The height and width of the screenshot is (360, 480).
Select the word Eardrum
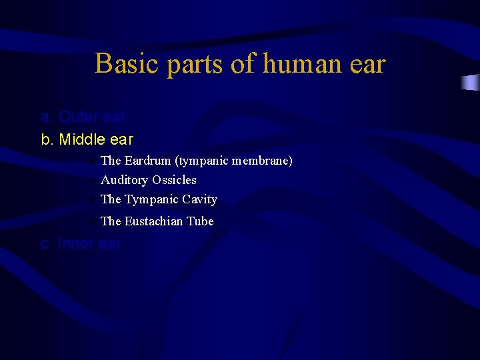click(x=147, y=161)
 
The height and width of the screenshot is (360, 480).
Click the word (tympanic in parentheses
click(x=201, y=161)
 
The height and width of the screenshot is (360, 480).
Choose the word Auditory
click(x=124, y=180)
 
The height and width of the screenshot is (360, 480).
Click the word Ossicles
click(x=174, y=180)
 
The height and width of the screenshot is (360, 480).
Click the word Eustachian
click(x=154, y=221)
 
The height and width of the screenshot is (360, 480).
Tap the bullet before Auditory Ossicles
click(x=94, y=181)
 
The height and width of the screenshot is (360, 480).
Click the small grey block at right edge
click(x=470, y=83)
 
